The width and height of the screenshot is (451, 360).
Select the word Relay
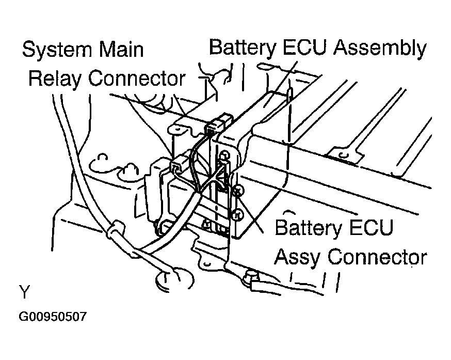[x=54, y=79]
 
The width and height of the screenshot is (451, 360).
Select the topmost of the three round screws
[x=224, y=154]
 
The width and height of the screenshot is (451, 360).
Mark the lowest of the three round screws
[x=236, y=213]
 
